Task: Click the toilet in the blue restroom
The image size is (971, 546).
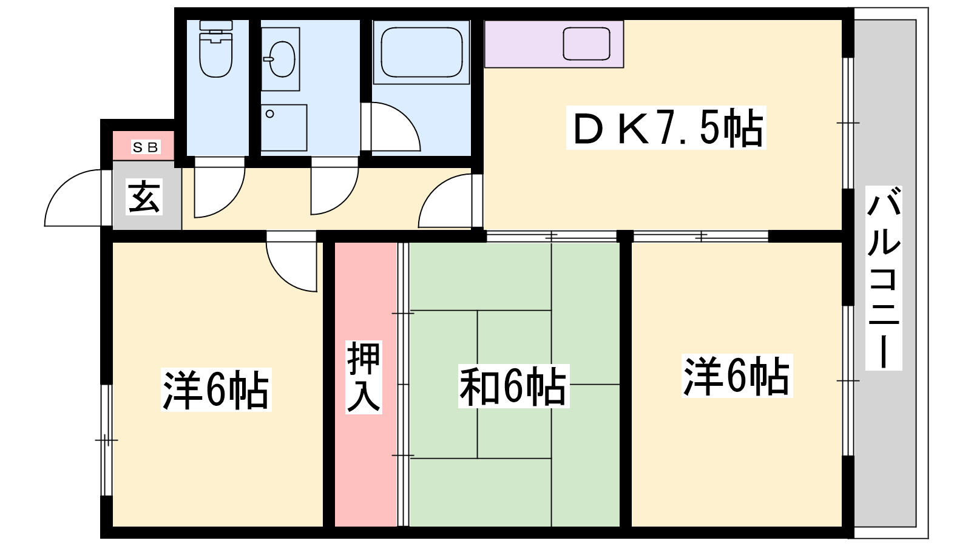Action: click(x=216, y=49)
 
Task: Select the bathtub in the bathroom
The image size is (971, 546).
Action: click(x=421, y=52)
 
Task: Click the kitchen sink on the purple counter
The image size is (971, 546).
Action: click(x=586, y=44)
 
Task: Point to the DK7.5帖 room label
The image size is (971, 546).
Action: click(x=666, y=128)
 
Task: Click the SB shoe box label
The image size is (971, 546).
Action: click(x=146, y=147)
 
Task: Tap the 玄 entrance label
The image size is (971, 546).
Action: click(x=144, y=197)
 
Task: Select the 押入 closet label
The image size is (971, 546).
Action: click(x=364, y=377)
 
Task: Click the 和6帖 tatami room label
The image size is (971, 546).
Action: click(x=513, y=386)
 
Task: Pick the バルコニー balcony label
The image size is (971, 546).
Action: click(x=884, y=278)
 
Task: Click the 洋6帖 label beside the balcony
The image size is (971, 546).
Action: click(x=737, y=376)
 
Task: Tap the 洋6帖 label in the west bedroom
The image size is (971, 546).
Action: click(x=216, y=389)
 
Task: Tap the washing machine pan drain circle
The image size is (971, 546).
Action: click(x=269, y=114)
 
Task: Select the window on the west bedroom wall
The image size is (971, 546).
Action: click(x=106, y=440)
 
